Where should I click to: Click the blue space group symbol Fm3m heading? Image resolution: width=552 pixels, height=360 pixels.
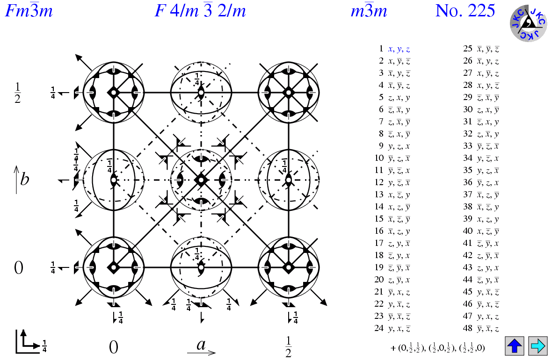[x=29, y=11]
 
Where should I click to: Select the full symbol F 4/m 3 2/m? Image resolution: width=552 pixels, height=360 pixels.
[x=200, y=11]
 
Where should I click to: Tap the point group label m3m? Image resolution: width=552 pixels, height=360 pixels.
[x=369, y=11]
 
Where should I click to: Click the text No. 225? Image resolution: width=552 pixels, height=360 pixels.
[x=465, y=11]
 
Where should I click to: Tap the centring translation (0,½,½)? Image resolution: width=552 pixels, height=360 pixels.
[x=411, y=348]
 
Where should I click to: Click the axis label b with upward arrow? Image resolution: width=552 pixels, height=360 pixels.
[x=21, y=180]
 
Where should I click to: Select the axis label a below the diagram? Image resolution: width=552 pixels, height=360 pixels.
[x=201, y=346]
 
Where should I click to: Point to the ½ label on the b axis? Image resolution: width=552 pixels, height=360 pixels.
[x=17, y=93]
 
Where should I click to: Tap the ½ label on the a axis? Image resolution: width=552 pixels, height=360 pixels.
[x=288, y=347]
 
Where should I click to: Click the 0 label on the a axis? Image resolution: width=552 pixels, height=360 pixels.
[x=113, y=347]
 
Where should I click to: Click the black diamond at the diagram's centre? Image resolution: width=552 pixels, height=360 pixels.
[x=201, y=180]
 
